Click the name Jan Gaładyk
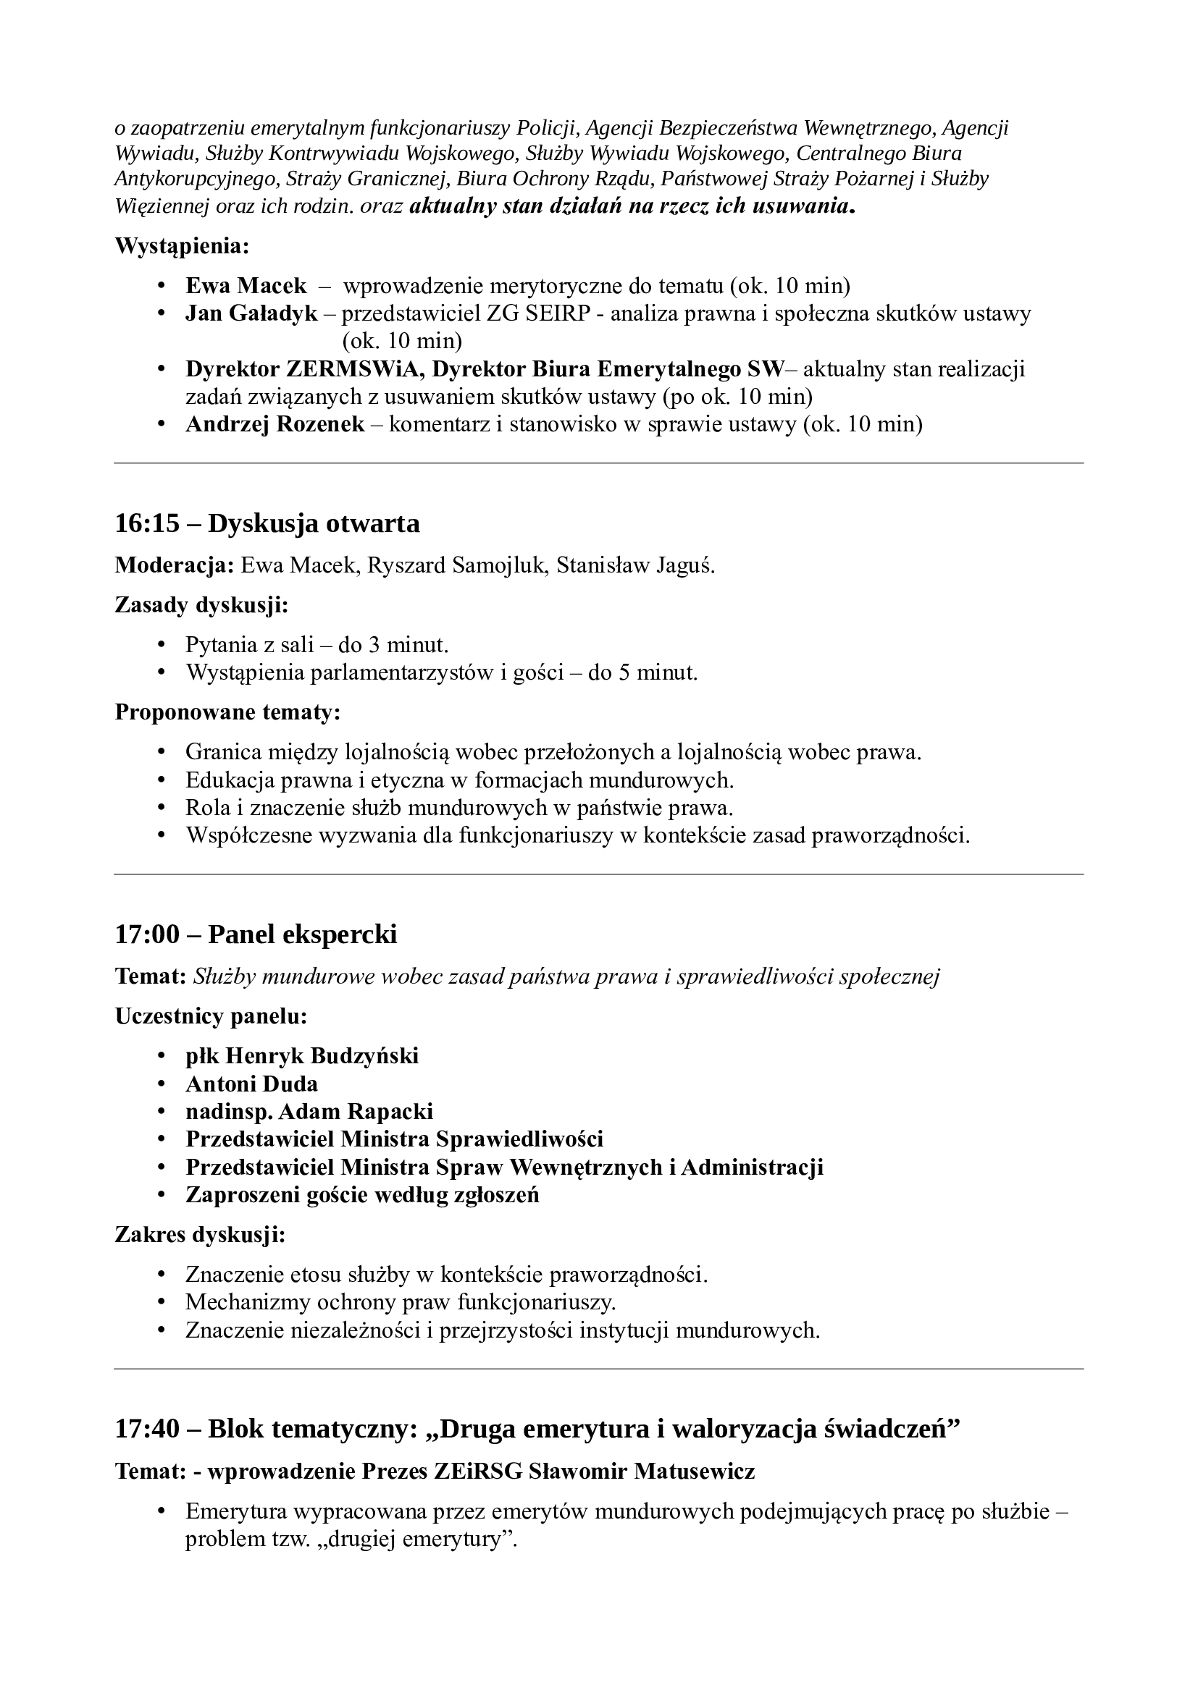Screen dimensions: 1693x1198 pyautogui.click(x=251, y=313)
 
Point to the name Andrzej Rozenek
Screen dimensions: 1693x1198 pyautogui.click(x=275, y=424)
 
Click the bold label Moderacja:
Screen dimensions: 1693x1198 pyautogui.click(x=174, y=565)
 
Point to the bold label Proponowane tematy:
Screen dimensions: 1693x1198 pyautogui.click(x=227, y=712)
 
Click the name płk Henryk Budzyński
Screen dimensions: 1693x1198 pyautogui.click(x=302, y=1056)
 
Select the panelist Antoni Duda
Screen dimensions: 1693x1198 pyautogui.click(x=251, y=1084)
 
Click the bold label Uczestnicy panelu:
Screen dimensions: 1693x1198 pyautogui.click(x=211, y=1016)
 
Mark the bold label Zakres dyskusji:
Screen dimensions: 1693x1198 pyautogui.click(x=200, y=1234)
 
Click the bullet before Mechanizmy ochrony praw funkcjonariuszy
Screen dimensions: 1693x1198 pyautogui.click(x=162, y=1303)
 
